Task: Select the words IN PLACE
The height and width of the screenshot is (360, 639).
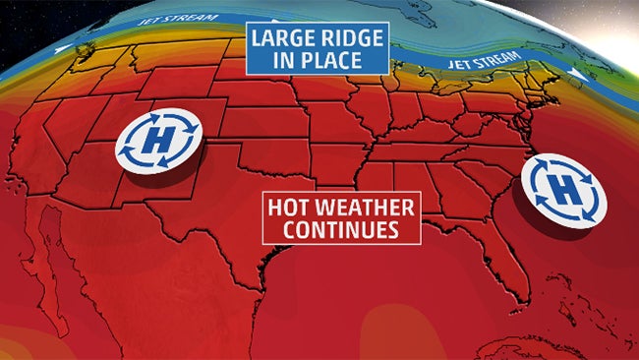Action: (x=318, y=61)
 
